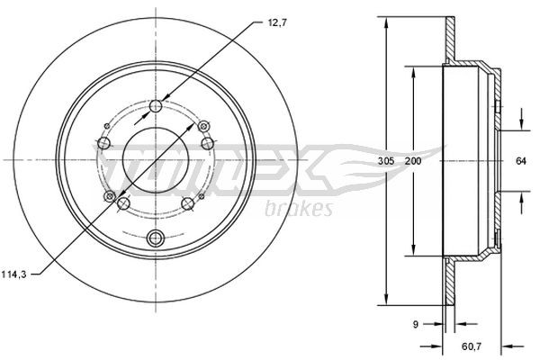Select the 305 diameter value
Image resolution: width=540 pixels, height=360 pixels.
click(386, 160)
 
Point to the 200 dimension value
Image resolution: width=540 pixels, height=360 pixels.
click(413, 160)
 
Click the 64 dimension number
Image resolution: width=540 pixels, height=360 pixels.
click(520, 160)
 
